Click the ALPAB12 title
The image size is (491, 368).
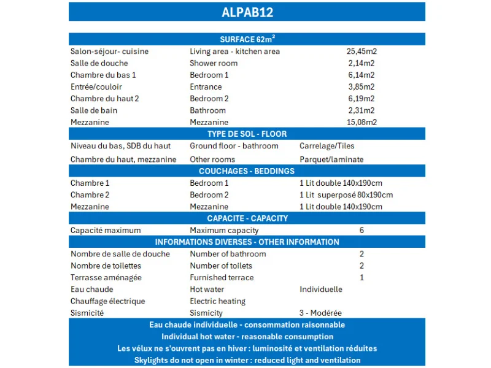coord(247,12)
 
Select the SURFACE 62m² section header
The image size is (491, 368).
coord(247,39)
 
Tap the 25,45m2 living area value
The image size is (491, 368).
coord(361,52)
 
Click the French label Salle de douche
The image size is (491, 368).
coord(99,63)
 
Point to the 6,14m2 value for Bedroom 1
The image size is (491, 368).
coord(361,75)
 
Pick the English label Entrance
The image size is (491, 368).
coord(206,86)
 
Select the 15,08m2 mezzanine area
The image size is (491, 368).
coord(361,122)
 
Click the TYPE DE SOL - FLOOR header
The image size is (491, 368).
coord(247,134)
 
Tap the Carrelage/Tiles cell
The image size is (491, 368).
coord(327,146)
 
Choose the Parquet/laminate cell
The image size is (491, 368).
coord(331,159)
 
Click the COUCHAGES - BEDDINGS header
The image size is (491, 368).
coord(247,171)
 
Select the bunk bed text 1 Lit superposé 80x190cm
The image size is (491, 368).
coord(346,195)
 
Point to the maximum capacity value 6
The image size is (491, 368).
coord(361,231)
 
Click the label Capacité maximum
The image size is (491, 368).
coord(106,231)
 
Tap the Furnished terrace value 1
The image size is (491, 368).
coord(361,277)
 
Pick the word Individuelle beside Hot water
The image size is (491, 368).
coord(321,289)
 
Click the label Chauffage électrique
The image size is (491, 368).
coord(107,301)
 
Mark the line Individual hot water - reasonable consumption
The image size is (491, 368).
coord(247,337)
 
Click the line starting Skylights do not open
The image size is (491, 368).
coord(247,360)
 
